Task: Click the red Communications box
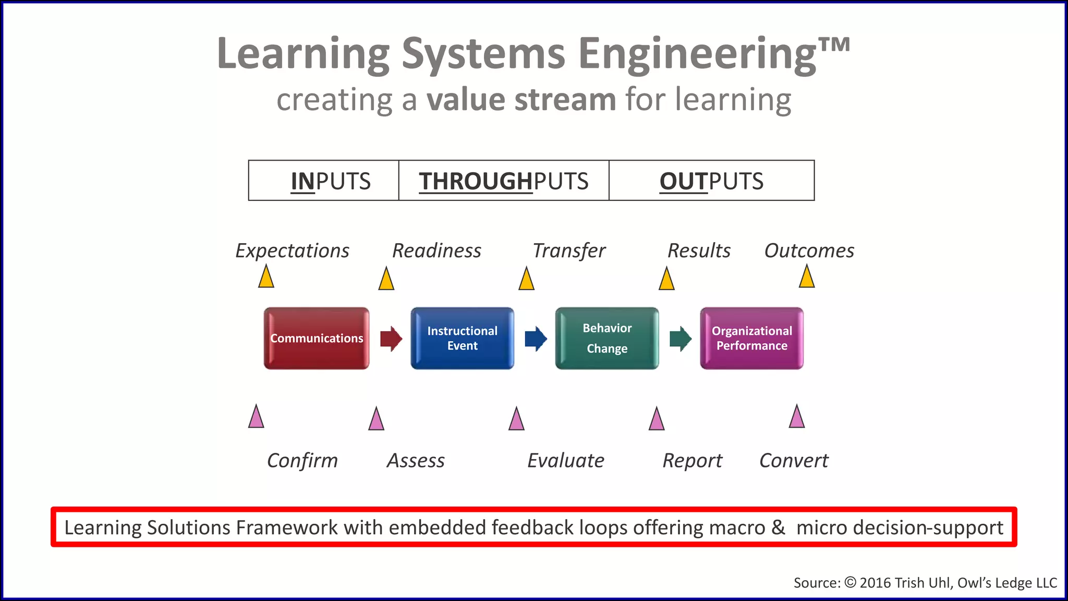point(317,339)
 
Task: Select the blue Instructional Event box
point(462,339)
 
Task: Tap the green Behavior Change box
point(607,339)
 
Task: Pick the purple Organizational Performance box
point(751,339)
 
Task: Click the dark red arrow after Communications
point(391,339)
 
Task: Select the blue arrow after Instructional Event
point(536,339)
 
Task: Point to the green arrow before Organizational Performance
point(680,339)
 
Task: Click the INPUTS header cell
point(324,181)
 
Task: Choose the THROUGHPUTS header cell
point(504,181)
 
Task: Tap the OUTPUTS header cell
point(711,181)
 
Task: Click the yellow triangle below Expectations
point(266,277)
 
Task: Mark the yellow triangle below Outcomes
point(807,277)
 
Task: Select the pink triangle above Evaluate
point(516,419)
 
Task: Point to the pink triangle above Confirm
point(256,417)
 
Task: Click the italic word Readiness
point(436,251)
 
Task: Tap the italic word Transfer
point(568,251)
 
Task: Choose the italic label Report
point(692,461)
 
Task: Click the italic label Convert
point(794,461)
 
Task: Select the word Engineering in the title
point(697,54)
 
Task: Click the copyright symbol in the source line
point(850,582)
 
